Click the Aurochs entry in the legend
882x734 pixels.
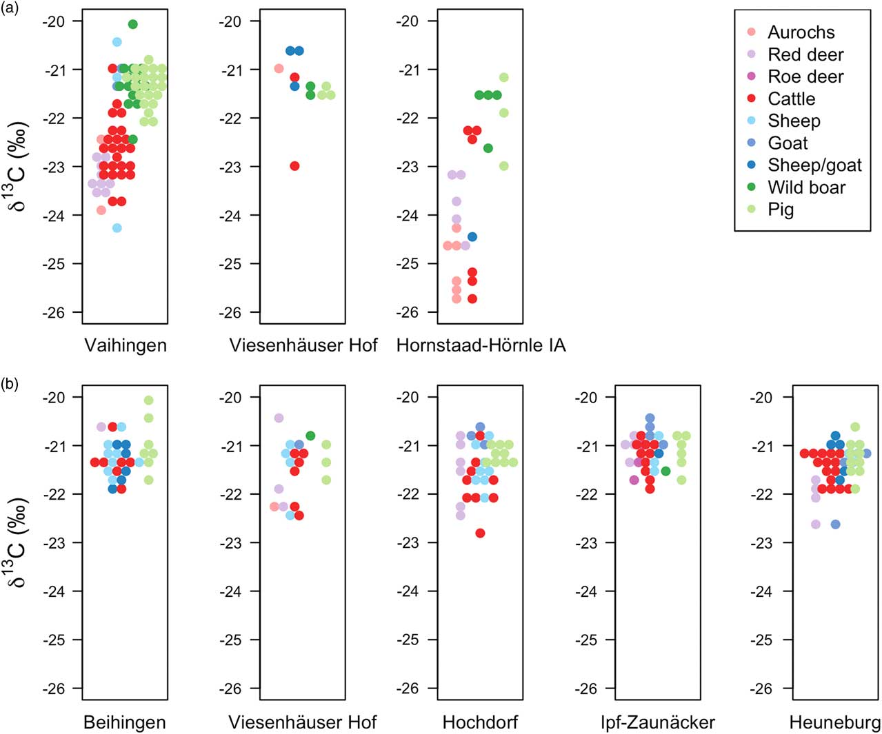[x=800, y=32]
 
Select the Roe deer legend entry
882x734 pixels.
[x=805, y=77]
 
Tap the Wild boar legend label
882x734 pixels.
[x=806, y=187]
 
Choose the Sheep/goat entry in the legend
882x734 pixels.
[x=814, y=165]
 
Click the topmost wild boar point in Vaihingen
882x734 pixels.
[x=133, y=25]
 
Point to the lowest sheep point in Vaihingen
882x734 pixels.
[x=117, y=228]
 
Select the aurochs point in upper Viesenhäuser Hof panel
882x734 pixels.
[x=279, y=69]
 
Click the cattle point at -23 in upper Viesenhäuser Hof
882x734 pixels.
[x=294, y=166]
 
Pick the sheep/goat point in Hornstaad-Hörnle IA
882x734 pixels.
[x=472, y=237]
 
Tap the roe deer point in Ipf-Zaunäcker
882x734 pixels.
[x=634, y=480]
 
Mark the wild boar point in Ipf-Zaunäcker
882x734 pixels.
[x=665, y=471]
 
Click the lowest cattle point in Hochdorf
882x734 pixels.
[x=481, y=533]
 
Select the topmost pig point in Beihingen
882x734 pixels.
[x=148, y=400]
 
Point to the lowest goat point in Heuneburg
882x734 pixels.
[x=836, y=524]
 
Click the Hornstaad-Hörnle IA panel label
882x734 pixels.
[x=481, y=345]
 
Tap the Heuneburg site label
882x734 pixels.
[x=834, y=722]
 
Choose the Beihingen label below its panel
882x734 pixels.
[x=125, y=722]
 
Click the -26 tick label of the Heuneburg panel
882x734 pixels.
[x=761, y=689]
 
